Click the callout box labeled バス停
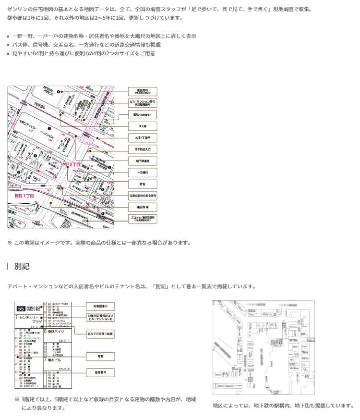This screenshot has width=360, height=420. [x=143, y=126]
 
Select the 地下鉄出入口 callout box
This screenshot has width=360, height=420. [x=143, y=149]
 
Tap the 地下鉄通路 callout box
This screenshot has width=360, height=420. [x=143, y=161]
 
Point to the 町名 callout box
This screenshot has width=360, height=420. [x=143, y=184]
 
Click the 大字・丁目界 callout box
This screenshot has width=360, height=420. [x=143, y=137]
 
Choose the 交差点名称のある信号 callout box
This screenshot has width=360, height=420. [x=143, y=196]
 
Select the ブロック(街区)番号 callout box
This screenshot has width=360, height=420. [x=143, y=219]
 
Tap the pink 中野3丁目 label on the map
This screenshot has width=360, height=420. [x=71, y=164]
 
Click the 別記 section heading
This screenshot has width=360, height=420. [x=22, y=266]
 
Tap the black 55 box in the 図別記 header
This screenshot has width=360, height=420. [x=21, y=309]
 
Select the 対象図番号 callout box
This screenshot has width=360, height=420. [x=100, y=306]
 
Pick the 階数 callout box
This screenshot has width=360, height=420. [x=100, y=357]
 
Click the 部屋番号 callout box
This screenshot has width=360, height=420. [x=100, y=372]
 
